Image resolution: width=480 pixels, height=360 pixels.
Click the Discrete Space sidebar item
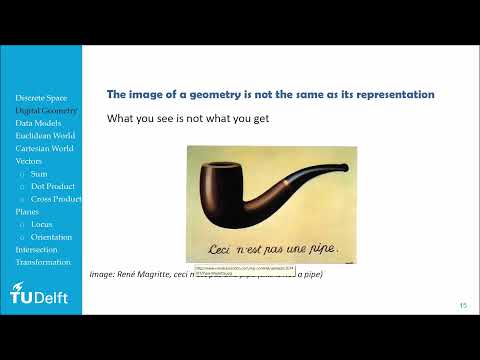coord(41,97)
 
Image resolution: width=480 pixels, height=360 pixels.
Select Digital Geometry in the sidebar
coord(44,110)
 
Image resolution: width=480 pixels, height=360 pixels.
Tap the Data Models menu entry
coord(37,123)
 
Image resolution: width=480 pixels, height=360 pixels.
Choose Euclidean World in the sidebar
coord(43,135)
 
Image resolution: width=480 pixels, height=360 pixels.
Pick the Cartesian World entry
coord(44,148)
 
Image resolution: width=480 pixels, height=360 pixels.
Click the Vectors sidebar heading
coord(29,160)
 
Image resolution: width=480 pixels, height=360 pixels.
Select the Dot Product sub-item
coord(52,186)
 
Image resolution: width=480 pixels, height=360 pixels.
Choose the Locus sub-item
coord(42,224)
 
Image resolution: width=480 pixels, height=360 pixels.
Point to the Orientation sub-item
coord(52,237)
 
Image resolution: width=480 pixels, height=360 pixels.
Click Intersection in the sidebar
coord(36,249)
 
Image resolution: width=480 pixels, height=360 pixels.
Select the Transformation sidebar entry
coord(43,262)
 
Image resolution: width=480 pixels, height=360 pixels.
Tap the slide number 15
coord(463,305)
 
